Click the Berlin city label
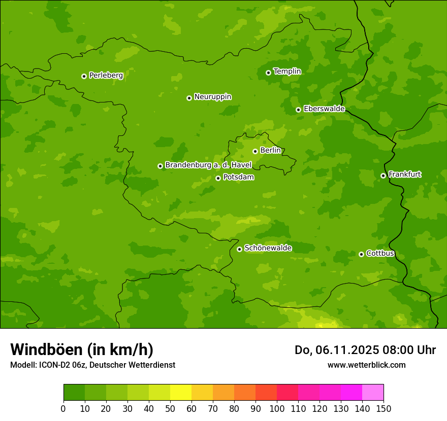click(x=270, y=151)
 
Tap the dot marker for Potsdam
click(x=218, y=178)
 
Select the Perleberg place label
click(x=106, y=76)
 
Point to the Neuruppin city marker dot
click(x=189, y=98)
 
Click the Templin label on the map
click(x=287, y=72)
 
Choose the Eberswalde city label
click(x=324, y=109)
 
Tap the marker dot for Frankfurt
click(x=383, y=176)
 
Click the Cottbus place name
click(x=380, y=254)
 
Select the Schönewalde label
click(x=268, y=249)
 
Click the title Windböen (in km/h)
click(x=82, y=349)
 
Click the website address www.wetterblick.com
click(x=366, y=365)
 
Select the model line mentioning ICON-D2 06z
click(x=92, y=365)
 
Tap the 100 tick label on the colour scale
click(x=277, y=408)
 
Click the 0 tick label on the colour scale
click(x=63, y=408)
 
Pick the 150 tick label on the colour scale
click(x=384, y=408)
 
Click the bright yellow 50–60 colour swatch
click(x=181, y=393)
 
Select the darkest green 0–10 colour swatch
click(x=74, y=393)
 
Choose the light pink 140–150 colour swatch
click(x=373, y=393)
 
